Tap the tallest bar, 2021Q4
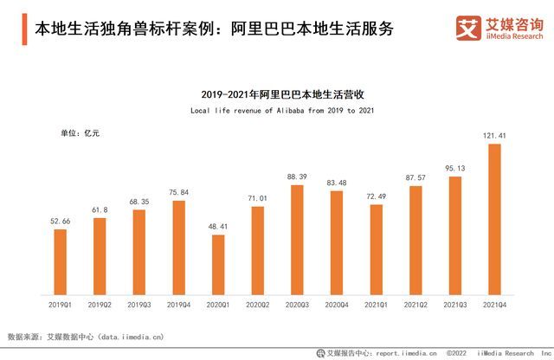click(494, 219)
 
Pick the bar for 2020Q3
click(297, 239)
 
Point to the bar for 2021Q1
click(376, 249)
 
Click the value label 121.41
click(494, 135)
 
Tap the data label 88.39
click(297, 177)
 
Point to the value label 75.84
click(178, 193)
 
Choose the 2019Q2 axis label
click(100, 304)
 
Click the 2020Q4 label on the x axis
click(337, 304)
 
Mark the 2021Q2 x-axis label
click(415, 304)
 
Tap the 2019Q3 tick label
click(139, 304)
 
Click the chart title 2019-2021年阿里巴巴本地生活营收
click(278, 92)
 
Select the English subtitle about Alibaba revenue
click(278, 111)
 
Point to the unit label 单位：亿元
click(79, 133)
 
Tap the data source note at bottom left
click(86, 336)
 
